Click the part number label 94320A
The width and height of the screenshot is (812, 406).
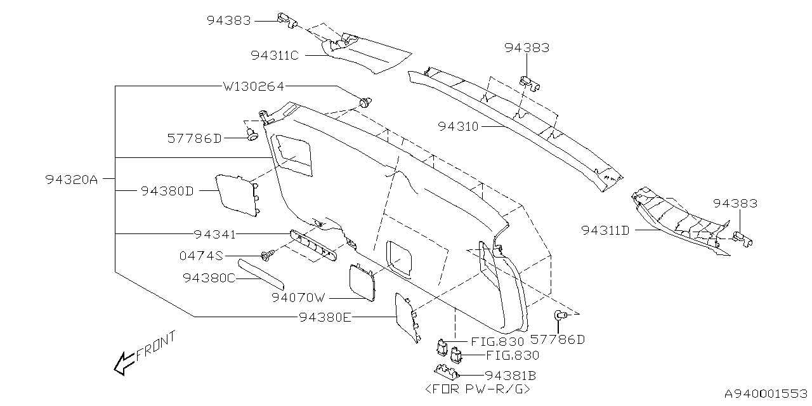pyautogui.click(x=71, y=180)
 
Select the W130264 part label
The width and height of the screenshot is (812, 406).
pyautogui.click(x=253, y=86)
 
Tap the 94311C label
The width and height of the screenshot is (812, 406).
pyautogui.click(x=274, y=55)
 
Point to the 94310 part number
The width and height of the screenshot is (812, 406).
pyautogui.click(x=458, y=126)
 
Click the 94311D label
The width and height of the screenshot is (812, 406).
pyautogui.click(x=605, y=230)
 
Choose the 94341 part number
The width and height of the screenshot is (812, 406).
pyautogui.click(x=215, y=235)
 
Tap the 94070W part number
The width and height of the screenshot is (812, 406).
pyautogui.click(x=299, y=297)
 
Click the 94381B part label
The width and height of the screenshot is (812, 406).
pyautogui.click(x=511, y=375)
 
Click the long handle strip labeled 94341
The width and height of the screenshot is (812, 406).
pyautogui.click(x=313, y=245)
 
